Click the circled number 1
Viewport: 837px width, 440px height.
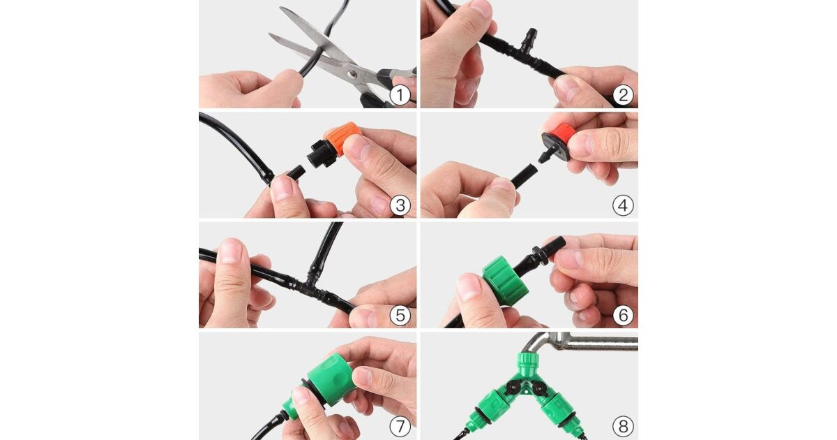pyautogui.click(x=400, y=95)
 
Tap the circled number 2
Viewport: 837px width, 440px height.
pyautogui.click(x=623, y=95)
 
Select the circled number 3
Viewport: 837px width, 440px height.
pyautogui.click(x=400, y=205)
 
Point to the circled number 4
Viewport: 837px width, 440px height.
pyautogui.click(x=623, y=205)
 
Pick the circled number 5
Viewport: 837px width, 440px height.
pyautogui.click(x=400, y=315)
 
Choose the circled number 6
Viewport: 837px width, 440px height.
pyautogui.click(x=623, y=315)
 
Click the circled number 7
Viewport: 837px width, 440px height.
pyautogui.click(x=400, y=426)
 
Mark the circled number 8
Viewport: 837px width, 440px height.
pyautogui.click(x=623, y=426)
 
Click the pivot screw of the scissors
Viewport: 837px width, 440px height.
pyautogui.click(x=352, y=75)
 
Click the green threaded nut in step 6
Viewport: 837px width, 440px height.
pyautogui.click(x=505, y=280)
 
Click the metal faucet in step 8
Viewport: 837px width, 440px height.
pyautogui.click(x=583, y=342)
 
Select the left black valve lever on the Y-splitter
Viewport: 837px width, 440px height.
pyautogui.click(x=512, y=387)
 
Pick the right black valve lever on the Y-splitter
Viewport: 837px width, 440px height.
pyautogui.click(x=538, y=389)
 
